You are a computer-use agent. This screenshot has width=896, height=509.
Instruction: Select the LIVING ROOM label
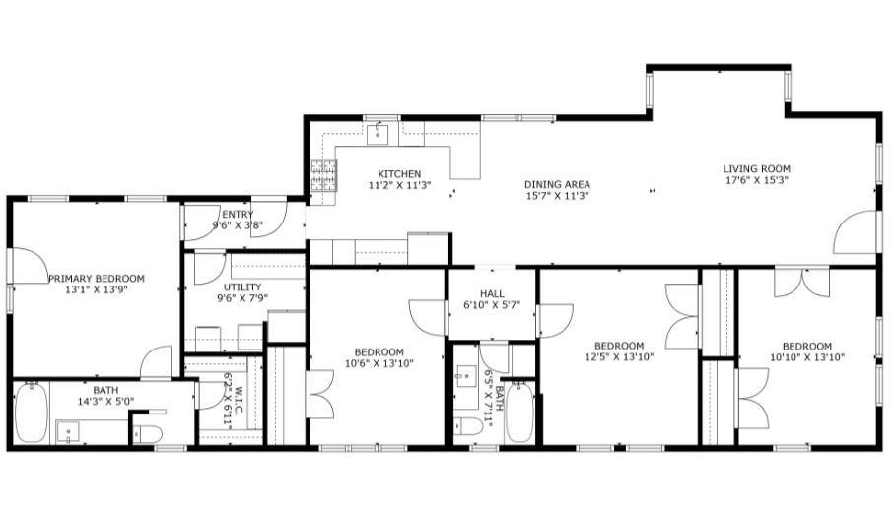[756, 168]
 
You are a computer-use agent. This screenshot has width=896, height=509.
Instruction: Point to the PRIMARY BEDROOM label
[96, 279]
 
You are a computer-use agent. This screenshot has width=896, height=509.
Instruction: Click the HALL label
[492, 293]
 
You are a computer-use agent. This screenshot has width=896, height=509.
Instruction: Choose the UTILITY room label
[241, 286]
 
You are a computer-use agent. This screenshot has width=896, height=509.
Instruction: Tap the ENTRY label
[238, 214]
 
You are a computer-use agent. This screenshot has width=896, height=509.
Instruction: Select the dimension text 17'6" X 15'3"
[756, 180]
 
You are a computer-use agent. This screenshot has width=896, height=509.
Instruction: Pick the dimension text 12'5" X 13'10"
[619, 357]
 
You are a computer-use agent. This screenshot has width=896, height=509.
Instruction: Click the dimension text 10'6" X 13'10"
[379, 364]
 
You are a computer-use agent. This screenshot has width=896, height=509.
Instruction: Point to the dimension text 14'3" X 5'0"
[105, 401]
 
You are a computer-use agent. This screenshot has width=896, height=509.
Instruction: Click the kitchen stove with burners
[323, 176]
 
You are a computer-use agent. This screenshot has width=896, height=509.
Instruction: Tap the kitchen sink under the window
[379, 134]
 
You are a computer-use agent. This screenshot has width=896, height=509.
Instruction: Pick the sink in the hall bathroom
[465, 376]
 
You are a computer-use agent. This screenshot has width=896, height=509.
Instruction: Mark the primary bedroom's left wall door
[26, 266]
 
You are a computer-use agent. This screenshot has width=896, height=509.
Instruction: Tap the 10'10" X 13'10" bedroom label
[805, 346]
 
